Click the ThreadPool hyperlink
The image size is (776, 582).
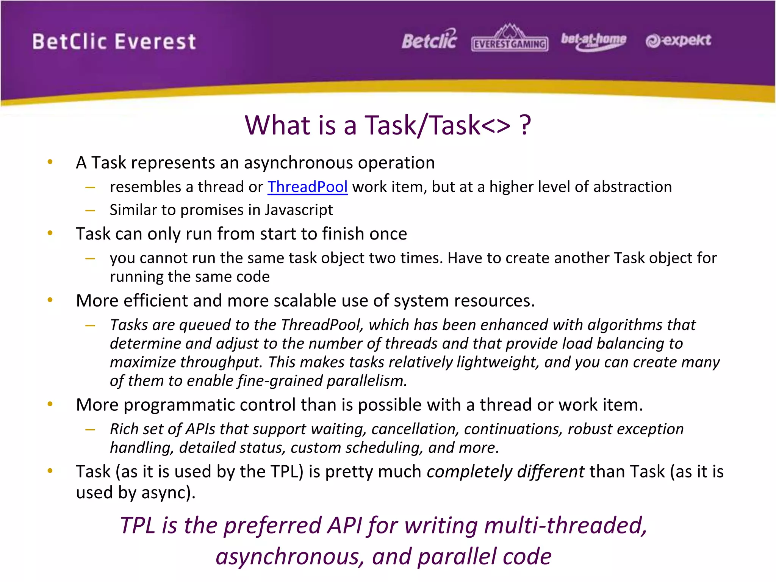pos(307,187)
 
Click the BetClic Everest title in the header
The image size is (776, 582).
pos(114,42)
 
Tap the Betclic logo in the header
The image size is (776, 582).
pos(429,40)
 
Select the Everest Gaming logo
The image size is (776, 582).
pos(510,39)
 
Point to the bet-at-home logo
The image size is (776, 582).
pos(593,40)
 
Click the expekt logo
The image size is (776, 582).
pos(678,40)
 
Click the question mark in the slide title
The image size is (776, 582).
pos(525,125)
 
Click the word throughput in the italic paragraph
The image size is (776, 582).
pos(221,362)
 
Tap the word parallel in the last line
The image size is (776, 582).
pos(457,557)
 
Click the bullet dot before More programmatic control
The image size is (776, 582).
pos(50,404)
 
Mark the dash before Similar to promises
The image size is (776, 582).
pos(90,210)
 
